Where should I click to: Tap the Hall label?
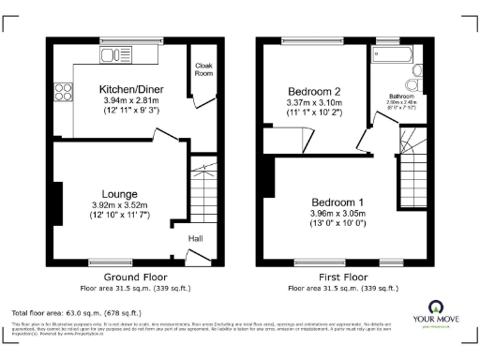[x=196, y=239]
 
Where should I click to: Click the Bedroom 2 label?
[x=313, y=91]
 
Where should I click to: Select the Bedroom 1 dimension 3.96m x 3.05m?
[x=338, y=215]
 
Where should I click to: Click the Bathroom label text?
[x=403, y=96]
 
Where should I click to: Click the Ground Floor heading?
[x=134, y=277]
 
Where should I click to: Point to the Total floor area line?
[x=76, y=312]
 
